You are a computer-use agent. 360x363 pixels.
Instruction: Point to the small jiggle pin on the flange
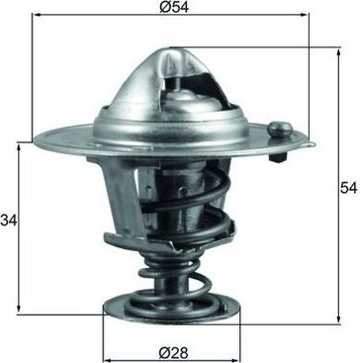[x=281, y=130]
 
